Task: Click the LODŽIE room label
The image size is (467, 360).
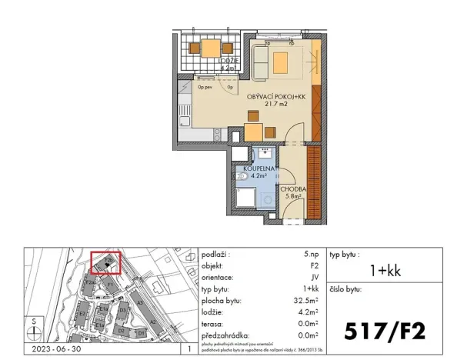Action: pos(228,60)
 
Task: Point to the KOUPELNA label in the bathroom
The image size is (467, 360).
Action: pos(255,167)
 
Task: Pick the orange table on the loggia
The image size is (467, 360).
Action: pos(210,48)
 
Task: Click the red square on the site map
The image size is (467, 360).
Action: pos(105,263)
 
